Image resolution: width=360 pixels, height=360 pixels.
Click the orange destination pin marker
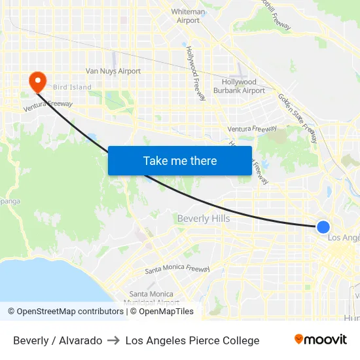(x=37, y=81)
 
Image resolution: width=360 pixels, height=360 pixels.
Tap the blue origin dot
(x=323, y=227)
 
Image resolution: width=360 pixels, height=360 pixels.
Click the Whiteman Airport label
(x=189, y=16)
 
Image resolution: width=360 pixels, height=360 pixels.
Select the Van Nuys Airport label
(x=113, y=71)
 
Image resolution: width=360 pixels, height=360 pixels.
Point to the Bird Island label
(x=72, y=87)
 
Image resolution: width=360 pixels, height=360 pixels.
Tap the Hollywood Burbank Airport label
(x=243, y=86)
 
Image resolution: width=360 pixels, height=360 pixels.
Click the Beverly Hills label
(x=204, y=219)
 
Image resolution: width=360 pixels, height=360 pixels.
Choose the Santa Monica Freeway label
(x=177, y=269)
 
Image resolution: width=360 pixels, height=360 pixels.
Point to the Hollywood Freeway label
(x=196, y=73)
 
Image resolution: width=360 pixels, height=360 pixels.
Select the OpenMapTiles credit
(x=162, y=312)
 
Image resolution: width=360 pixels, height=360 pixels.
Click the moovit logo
(x=321, y=340)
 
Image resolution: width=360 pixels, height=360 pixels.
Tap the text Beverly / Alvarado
(x=58, y=340)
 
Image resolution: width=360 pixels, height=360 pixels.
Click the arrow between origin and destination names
(x=113, y=340)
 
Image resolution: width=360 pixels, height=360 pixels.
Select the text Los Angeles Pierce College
(x=192, y=340)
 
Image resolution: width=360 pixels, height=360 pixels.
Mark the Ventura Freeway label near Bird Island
(x=48, y=105)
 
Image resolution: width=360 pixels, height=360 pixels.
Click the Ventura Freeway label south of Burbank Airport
(x=252, y=130)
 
